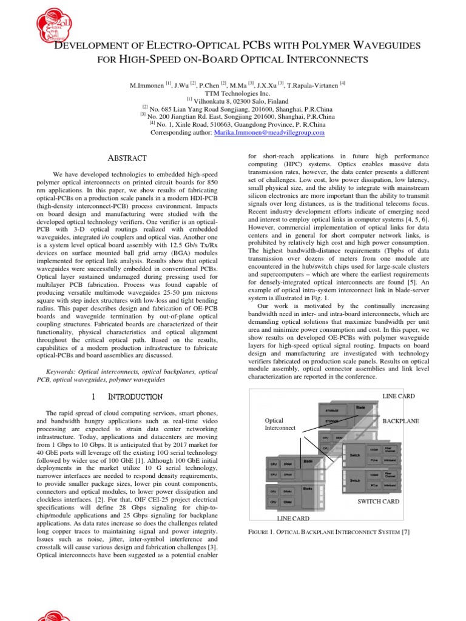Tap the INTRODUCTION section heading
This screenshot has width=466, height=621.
[x=135, y=397]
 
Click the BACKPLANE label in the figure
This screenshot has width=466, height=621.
[x=400, y=421]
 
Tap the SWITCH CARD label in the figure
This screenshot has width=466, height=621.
[x=378, y=502]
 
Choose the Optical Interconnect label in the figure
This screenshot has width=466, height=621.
[x=279, y=424]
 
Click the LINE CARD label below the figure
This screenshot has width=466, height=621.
[x=293, y=519]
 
